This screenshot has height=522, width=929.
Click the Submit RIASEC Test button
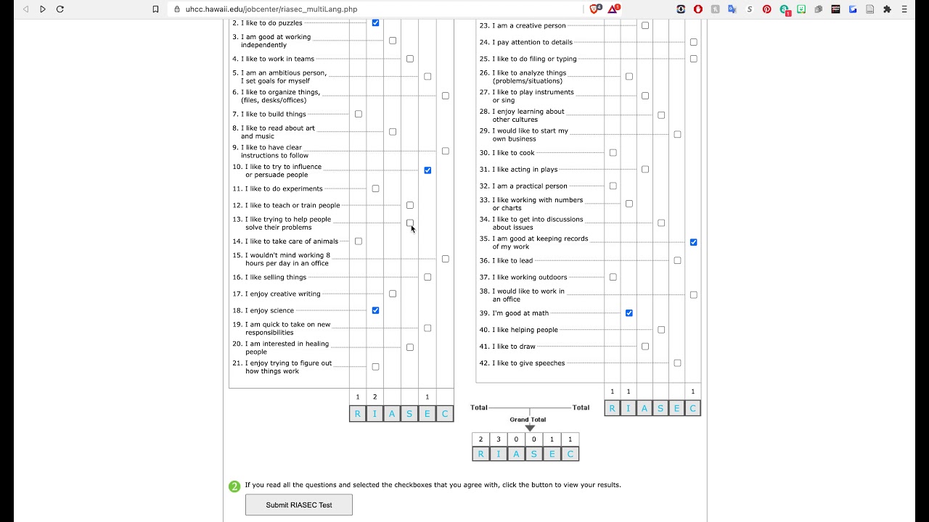click(299, 505)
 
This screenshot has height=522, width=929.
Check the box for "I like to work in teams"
click(410, 59)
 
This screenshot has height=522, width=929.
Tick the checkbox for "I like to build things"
click(359, 114)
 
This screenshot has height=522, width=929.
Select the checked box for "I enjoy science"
click(375, 310)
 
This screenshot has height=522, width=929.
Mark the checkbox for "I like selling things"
click(427, 277)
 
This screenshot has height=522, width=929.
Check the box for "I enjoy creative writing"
click(393, 294)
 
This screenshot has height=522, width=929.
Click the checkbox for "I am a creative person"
click(645, 25)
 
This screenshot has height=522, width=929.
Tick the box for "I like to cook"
click(613, 153)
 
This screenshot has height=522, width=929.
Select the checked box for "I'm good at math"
click(629, 313)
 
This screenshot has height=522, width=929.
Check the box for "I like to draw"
click(645, 347)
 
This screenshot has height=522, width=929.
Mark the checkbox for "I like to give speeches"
click(677, 363)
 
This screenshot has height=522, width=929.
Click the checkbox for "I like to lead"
click(677, 260)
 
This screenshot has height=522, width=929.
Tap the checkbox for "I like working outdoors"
click(613, 277)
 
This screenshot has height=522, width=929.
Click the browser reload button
click(60, 9)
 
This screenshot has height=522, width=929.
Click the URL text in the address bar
click(271, 9)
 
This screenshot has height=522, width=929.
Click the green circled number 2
click(234, 486)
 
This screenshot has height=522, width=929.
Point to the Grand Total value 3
click(499, 439)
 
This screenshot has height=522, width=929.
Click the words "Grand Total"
click(528, 420)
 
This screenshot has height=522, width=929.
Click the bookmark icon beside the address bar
click(155, 9)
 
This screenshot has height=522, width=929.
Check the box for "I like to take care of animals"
click(359, 241)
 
